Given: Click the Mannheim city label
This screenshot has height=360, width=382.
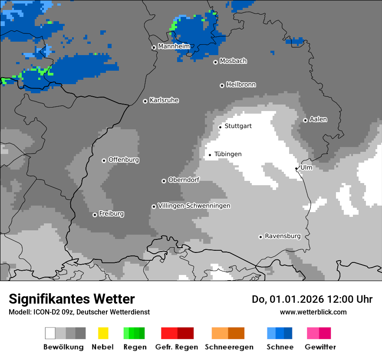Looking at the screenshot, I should pos(174,46).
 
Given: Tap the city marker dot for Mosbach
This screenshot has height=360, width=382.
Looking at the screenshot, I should pos(215,62).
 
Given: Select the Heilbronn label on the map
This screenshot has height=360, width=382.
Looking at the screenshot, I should pos(241,85).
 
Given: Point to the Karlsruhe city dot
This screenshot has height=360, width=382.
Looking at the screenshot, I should pos(145,101).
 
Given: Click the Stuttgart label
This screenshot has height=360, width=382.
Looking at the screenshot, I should pos(238,126).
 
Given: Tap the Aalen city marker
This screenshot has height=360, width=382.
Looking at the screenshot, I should pos(305,120).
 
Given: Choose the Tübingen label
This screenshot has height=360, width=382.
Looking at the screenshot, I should pos(228,154).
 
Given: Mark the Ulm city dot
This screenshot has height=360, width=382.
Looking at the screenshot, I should pos(296,168).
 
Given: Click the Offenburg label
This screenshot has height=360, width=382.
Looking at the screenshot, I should pos(124,160).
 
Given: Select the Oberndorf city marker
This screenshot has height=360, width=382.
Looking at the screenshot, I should pos(164,181).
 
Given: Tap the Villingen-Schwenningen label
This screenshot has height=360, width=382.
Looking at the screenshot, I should pos(194,206).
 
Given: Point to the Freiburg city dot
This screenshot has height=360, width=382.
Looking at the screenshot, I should pos(95,215).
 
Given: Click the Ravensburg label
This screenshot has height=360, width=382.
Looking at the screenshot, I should pos(283,236).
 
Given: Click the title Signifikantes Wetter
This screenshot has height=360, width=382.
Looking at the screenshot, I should pos(72,299).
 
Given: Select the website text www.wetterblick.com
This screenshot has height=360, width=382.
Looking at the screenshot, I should pos(313,312).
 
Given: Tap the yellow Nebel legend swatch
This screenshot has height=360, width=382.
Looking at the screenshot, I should pos(103,333).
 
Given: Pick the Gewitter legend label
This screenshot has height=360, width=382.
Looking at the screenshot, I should pos(320,347).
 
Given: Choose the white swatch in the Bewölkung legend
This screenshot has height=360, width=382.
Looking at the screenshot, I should pos(50,333).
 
